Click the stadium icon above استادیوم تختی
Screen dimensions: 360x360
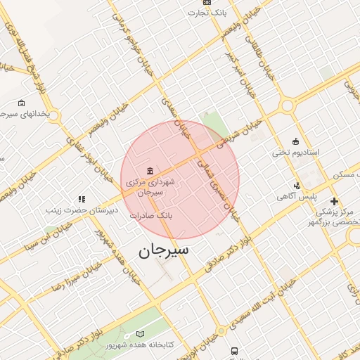(295, 141)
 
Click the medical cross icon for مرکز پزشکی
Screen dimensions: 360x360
(334, 202)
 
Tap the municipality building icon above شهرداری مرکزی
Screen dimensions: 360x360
(150, 171)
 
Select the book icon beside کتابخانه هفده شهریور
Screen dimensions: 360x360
(140, 335)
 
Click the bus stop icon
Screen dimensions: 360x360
(233, 351)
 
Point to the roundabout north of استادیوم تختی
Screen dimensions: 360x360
(287, 105)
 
